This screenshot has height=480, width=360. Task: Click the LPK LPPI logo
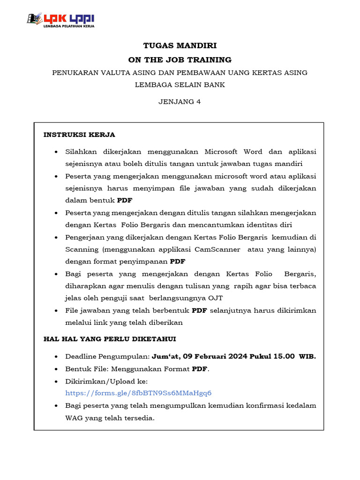click(x=61, y=19)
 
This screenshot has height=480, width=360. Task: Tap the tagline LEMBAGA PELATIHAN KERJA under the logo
click(x=68, y=27)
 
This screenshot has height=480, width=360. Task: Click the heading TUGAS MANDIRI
click(x=180, y=45)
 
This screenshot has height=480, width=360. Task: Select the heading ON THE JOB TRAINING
click(x=180, y=60)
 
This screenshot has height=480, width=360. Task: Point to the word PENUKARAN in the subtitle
click(x=74, y=73)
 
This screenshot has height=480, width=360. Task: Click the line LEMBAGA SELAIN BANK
click(x=180, y=85)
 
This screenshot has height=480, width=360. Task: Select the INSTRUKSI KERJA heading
click(x=79, y=135)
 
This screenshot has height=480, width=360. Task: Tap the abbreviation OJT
click(x=215, y=298)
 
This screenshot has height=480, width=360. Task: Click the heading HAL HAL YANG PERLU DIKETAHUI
click(x=110, y=338)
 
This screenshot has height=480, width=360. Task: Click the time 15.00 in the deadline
click(x=285, y=356)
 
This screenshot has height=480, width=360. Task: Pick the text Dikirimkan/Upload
click(x=106, y=381)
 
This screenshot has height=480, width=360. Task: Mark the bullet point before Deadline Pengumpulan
click(x=56, y=357)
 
